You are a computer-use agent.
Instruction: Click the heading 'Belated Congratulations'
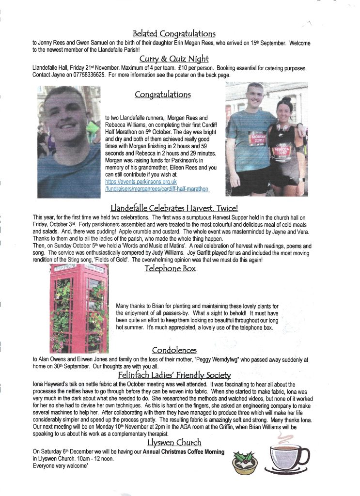point(174,33)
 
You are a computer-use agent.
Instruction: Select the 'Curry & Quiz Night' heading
point(174,59)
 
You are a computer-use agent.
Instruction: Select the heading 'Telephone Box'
point(170,267)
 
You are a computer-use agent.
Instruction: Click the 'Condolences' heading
point(174,349)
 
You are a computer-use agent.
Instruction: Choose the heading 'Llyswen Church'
point(174,443)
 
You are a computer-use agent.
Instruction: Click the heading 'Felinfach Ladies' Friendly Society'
point(174,375)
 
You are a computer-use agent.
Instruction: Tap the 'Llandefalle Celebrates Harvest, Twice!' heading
point(174,209)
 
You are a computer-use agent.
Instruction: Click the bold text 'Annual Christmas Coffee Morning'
point(184,452)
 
